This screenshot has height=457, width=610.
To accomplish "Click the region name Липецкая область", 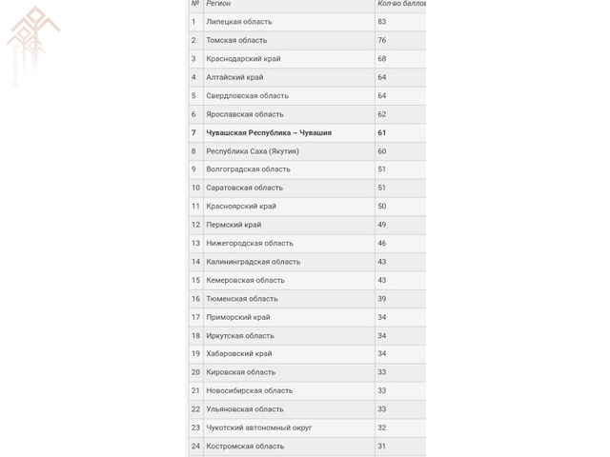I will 238,22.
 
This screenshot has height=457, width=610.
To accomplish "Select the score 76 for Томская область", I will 382,40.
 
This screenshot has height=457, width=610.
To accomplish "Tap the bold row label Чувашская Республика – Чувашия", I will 269,133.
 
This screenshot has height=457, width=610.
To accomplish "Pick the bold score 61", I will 382,133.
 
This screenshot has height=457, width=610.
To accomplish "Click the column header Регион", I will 218,4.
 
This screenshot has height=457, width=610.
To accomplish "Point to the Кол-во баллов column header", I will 401,4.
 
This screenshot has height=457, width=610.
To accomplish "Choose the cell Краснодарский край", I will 242,59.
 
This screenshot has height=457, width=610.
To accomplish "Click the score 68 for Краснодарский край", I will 382,59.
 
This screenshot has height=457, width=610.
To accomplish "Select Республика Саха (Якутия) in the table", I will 253,151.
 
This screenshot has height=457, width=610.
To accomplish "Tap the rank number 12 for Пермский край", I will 195,225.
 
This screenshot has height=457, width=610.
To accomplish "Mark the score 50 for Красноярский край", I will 382,207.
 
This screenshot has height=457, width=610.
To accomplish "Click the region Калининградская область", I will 253,262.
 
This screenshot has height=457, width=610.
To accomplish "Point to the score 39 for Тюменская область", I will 382,299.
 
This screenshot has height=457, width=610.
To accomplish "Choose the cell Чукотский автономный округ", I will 258,427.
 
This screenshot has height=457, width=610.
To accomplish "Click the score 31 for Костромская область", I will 382,446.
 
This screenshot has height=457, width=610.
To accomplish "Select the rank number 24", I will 195,446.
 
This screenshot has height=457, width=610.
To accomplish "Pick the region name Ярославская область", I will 245,114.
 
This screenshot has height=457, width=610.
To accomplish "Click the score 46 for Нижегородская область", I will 382,244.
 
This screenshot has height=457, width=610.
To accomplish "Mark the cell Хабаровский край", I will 239,354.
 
